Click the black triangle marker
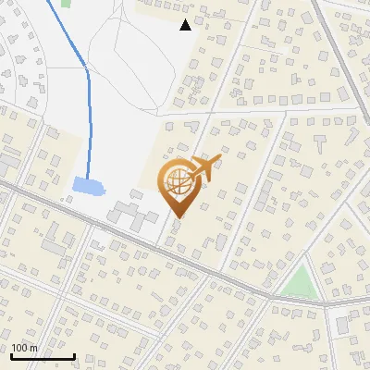coord(186,25)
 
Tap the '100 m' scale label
coord(25,348)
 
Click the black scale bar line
coord(43,356)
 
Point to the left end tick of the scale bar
coord(11,354)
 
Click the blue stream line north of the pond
coord(88,120)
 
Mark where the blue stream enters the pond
coord(87,179)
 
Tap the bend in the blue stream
coord(87,67)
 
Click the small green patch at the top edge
coord(66,3)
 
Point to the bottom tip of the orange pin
coord(178,218)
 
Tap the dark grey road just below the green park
coord(305,302)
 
